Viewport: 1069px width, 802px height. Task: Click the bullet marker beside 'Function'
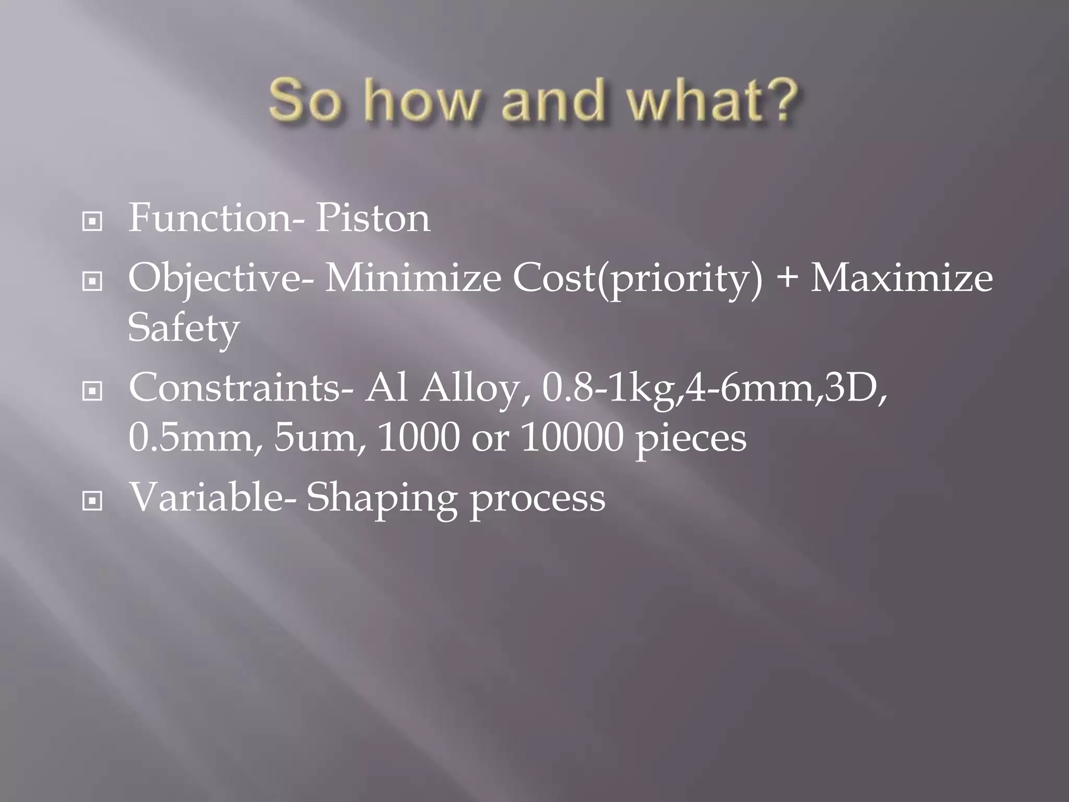coord(92,222)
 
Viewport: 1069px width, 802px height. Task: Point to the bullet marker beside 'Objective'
coord(92,282)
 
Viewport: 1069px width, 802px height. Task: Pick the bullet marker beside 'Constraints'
coord(92,391)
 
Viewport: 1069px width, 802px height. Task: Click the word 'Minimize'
coord(412,278)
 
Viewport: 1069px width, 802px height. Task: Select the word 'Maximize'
coord(901,278)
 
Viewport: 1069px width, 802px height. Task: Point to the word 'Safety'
coord(183,329)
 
